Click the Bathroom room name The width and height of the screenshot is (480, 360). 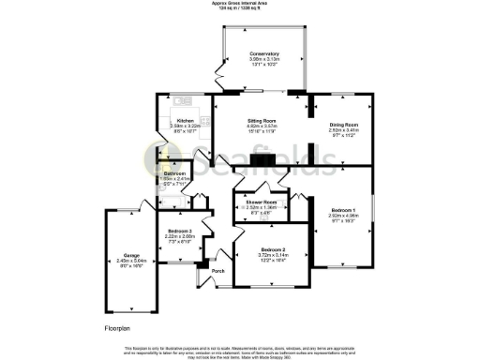pyautogui.click(x=175, y=173)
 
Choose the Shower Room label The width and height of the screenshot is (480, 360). pyautogui.click(x=262, y=202)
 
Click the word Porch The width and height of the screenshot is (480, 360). pyautogui.click(x=217, y=272)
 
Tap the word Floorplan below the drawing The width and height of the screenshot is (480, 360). pyautogui.click(x=121, y=329)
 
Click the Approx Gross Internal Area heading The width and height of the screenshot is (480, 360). pyautogui.click(x=239, y=4)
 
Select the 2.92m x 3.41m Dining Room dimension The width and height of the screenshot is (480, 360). pyautogui.click(x=344, y=131)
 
